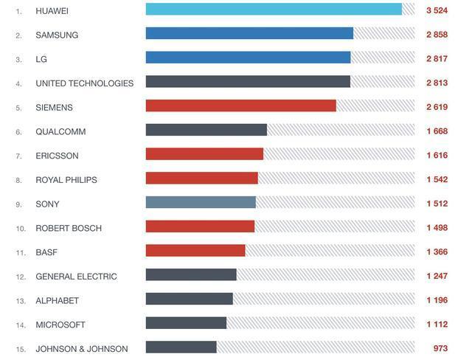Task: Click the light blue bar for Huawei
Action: click(274, 10)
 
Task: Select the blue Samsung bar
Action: click(249, 34)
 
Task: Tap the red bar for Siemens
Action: click(240, 106)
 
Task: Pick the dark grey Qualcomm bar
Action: click(206, 131)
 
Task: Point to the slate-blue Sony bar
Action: click(201, 203)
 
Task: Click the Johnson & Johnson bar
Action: click(181, 347)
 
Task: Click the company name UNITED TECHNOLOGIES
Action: click(85, 83)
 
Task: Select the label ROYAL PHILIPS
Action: click(66, 180)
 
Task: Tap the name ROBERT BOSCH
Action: click(69, 228)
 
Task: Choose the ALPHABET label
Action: click(57, 300)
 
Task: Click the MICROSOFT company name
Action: click(60, 325)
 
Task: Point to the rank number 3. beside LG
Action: click(19, 60)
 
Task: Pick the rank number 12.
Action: click(21, 277)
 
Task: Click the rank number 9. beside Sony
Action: click(19, 204)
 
